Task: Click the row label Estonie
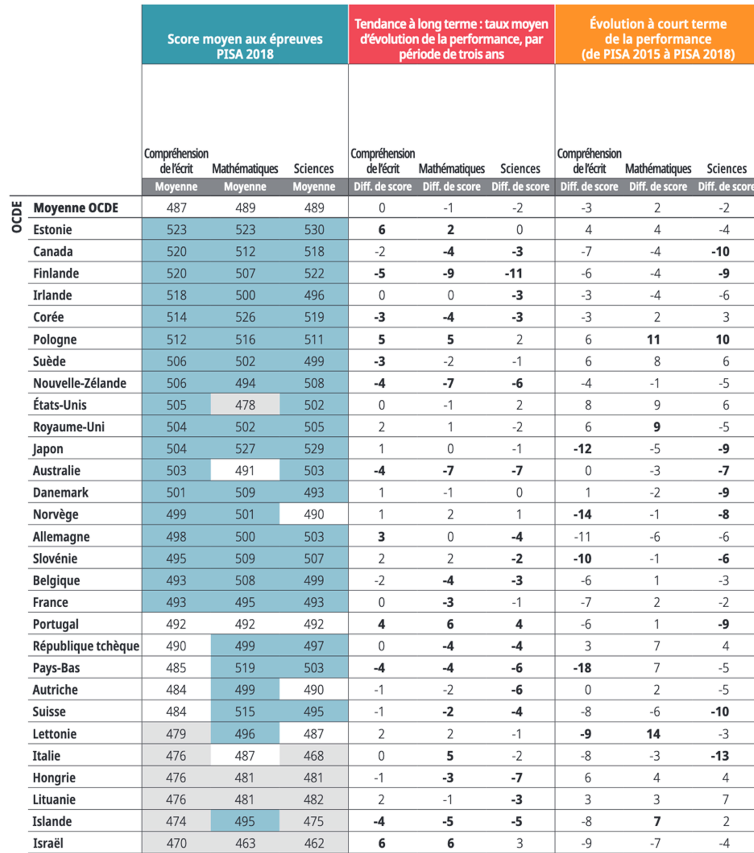click(52, 230)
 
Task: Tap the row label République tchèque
click(86, 646)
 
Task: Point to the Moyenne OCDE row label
click(75, 208)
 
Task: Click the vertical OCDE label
click(17, 217)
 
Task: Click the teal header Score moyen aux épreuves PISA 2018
click(245, 46)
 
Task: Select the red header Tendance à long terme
click(451, 39)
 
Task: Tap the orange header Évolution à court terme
click(658, 39)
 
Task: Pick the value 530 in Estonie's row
click(314, 230)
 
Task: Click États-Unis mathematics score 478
click(245, 405)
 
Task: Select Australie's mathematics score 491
click(245, 471)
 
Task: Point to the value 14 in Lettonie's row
click(654, 734)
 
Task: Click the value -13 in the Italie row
click(720, 756)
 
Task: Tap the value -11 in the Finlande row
click(514, 273)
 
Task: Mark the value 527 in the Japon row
click(245, 449)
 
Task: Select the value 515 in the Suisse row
click(245, 712)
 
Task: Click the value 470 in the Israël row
click(176, 843)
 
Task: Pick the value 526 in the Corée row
click(245, 317)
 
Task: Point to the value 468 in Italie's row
click(314, 756)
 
